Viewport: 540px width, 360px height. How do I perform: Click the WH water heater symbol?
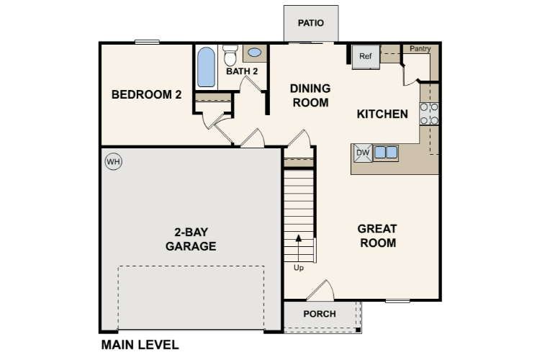coord(113,161)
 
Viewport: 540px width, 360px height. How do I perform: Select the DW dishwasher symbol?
coord(362,153)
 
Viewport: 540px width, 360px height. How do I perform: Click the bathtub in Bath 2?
coord(207,67)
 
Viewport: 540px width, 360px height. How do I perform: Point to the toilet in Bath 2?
coord(230,55)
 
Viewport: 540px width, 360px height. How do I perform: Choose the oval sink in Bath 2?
coord(254,53)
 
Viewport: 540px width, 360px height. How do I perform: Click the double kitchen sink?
coord(385,153)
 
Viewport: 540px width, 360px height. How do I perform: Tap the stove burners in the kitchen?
coord(430,114)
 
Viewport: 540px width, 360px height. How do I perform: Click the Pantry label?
coord(420,49)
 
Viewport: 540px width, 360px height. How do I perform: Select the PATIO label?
coord(311,23)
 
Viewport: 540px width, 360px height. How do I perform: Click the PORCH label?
coord(319,314)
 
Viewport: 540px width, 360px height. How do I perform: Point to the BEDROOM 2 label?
coord(145,94)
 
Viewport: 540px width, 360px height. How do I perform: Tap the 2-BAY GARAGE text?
coord(191,239)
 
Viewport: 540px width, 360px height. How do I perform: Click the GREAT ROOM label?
coord(377,235)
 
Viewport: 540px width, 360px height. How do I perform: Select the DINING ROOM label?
coord(310,95)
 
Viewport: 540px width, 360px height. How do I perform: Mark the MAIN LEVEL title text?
coord(140,345)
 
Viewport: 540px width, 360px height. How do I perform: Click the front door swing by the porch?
coord(320,290)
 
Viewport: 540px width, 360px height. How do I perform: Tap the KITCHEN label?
coord(382,114)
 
